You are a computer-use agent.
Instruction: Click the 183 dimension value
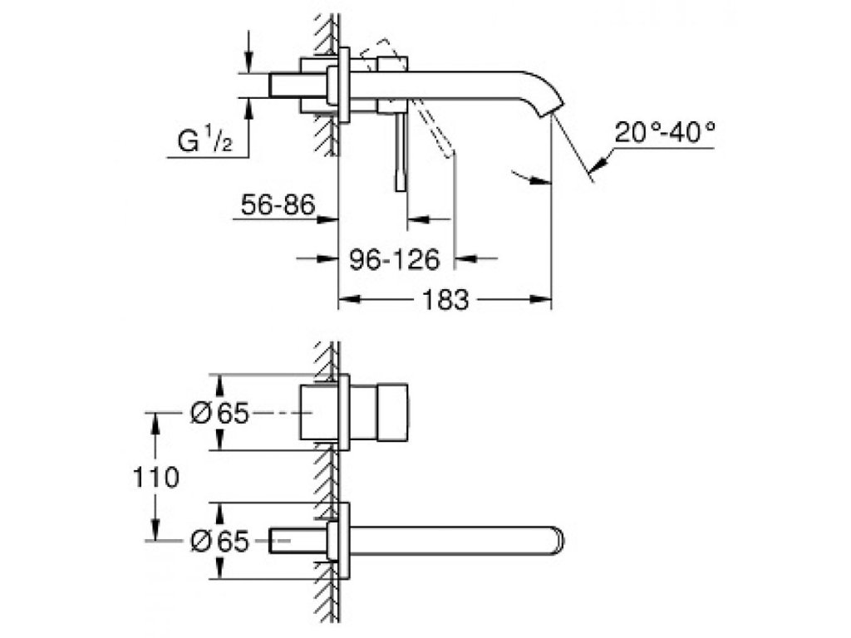[x=445, y=300]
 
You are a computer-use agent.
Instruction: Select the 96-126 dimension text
[x=393, y=260]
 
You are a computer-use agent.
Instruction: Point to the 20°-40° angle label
[x=666, y=132]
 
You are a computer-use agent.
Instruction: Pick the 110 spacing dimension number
[x=154, y=477]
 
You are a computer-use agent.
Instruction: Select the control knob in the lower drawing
[x=381, y=413]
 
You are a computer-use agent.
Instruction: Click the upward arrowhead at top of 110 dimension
[x=154, y=420]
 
